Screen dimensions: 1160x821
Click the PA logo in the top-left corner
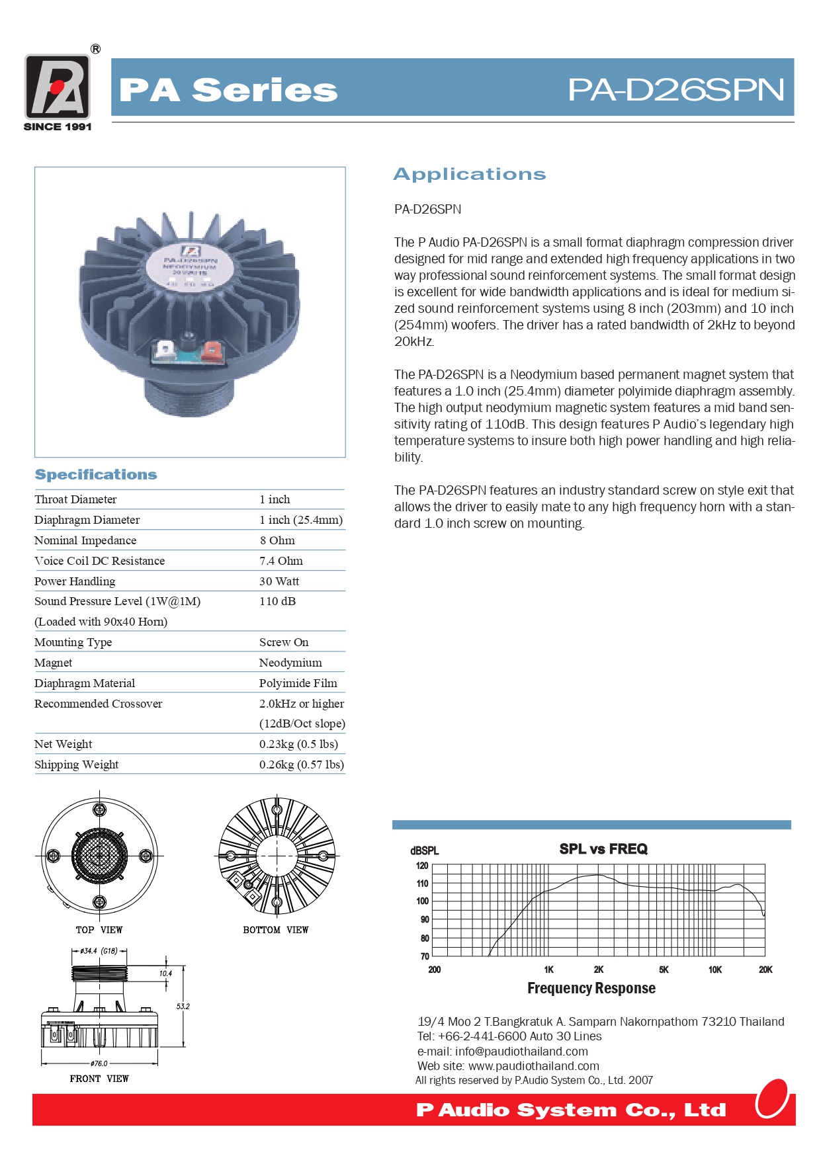58,87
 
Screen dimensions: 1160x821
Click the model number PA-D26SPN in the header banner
675,89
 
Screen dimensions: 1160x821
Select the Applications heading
470,174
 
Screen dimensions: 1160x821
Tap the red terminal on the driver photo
212,349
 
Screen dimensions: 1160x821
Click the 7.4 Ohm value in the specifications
281,561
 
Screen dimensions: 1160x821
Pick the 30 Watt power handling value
279,581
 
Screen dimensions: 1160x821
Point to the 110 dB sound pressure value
278,601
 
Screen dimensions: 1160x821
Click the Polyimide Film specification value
298,683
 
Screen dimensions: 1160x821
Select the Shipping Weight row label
77,765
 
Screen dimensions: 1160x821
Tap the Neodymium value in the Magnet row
290,663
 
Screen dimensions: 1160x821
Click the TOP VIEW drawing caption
99,930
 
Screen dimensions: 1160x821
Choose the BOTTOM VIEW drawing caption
276,930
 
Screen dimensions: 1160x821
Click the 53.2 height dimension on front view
183,1007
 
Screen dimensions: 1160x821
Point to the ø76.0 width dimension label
99,1063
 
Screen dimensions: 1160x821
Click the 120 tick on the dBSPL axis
422,866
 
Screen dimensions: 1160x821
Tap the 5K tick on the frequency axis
664,970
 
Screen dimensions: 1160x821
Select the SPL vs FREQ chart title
603,849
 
